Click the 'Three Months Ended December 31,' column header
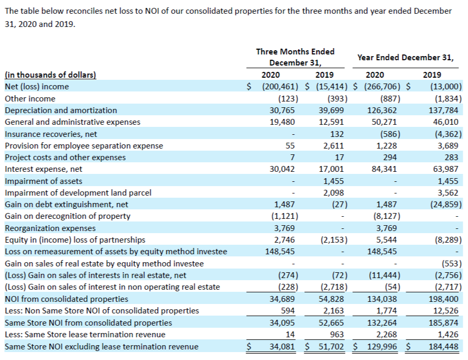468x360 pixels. [x=295, y=57]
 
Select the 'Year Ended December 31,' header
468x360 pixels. [x=405, y=58]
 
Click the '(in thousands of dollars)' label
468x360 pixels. [x=50, y=75]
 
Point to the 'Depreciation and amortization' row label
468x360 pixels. [x=61, y=110]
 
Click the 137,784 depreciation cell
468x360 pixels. [x=443, y=110]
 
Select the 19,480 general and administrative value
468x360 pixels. [x=282, y=122]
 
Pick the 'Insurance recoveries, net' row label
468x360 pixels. [x=51, y=134]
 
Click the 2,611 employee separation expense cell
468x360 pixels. [x=333, y=146]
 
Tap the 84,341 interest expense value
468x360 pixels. [x=382, y=169]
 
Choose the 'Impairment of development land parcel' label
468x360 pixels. [x=78, y=193]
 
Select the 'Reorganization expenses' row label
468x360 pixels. [x=50, y=228]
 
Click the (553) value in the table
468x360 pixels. [x=452, y=263]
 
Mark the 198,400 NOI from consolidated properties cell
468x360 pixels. [x=443, y=299]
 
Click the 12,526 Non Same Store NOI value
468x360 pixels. [x=446, y=311]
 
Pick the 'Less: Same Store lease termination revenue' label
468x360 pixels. [x=85, y=334]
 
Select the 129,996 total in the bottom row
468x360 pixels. [x=382, y=347]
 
